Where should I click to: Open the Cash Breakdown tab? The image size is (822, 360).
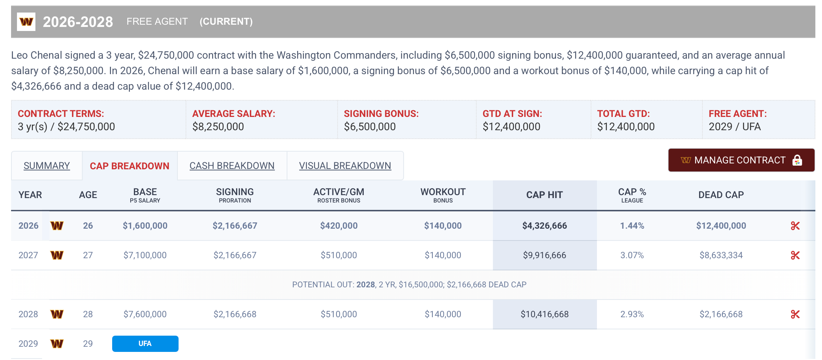point(232,166)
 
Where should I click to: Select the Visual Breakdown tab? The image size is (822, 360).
point(345,166)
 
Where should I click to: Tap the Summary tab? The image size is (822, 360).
point(46,166)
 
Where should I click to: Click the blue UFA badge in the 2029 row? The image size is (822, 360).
point(145,343)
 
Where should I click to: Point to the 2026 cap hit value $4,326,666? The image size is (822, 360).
point(544,226)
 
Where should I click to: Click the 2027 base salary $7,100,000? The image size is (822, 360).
point(145,255)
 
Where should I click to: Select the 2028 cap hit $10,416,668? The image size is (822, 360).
point(544,314)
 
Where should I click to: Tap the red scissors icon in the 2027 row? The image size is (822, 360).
point(795,255)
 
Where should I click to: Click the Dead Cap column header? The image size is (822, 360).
point(721,195)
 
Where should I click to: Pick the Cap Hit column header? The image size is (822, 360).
point(544,195)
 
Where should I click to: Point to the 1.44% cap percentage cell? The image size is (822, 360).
point(632,226)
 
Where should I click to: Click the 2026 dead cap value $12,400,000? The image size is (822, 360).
point(721,226)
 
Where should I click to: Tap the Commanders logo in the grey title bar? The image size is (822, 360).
point(26,22)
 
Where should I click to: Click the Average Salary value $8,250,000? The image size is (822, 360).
point(218,127)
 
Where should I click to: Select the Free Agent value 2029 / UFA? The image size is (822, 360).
point(734,127)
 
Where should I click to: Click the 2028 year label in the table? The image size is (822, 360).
point(28,314)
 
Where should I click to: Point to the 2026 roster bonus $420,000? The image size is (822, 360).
point(339,226)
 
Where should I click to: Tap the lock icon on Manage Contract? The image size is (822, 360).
point(797,160)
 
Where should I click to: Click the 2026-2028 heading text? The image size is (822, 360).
point(78,22)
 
